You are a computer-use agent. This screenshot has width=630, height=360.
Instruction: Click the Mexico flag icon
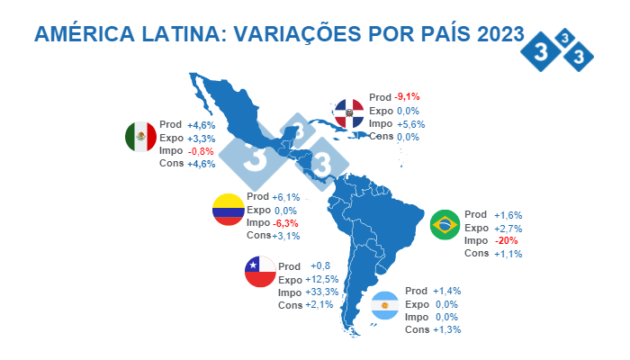coord(140,137)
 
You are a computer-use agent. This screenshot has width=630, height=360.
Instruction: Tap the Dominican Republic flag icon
coord(348,113)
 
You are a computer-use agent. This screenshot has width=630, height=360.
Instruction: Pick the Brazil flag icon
coord(446,225)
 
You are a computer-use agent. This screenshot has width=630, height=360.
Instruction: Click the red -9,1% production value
coord(407,96)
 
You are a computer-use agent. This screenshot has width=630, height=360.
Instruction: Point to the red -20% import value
coord(505,240)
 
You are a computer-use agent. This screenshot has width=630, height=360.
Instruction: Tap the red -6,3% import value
coord(285,222)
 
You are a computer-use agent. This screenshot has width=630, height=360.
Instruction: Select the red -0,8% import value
coord(201,151)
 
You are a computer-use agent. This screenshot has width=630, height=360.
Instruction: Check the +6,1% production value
coord(285,197)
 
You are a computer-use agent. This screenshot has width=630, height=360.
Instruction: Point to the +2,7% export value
coord(508,229)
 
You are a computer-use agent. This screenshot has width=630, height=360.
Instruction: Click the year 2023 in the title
coord(490,34)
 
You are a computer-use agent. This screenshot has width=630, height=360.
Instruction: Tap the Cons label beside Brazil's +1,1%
coord(477,253)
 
